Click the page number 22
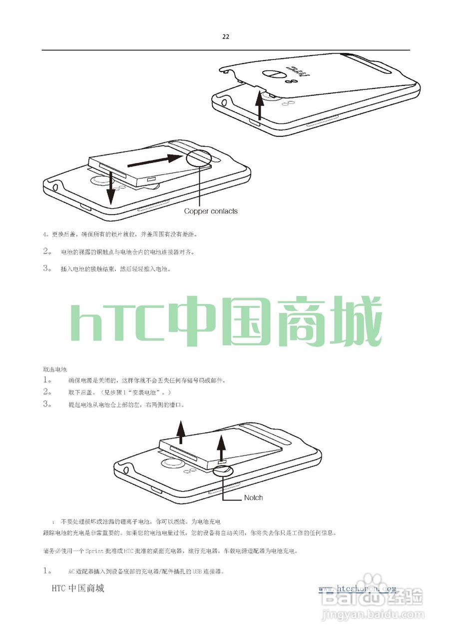226,36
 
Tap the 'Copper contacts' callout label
211,211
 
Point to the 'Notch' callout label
253,497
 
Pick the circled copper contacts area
199,158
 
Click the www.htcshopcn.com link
357,588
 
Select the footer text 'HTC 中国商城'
78,588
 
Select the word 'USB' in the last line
199,571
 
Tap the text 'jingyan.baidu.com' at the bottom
373,614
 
